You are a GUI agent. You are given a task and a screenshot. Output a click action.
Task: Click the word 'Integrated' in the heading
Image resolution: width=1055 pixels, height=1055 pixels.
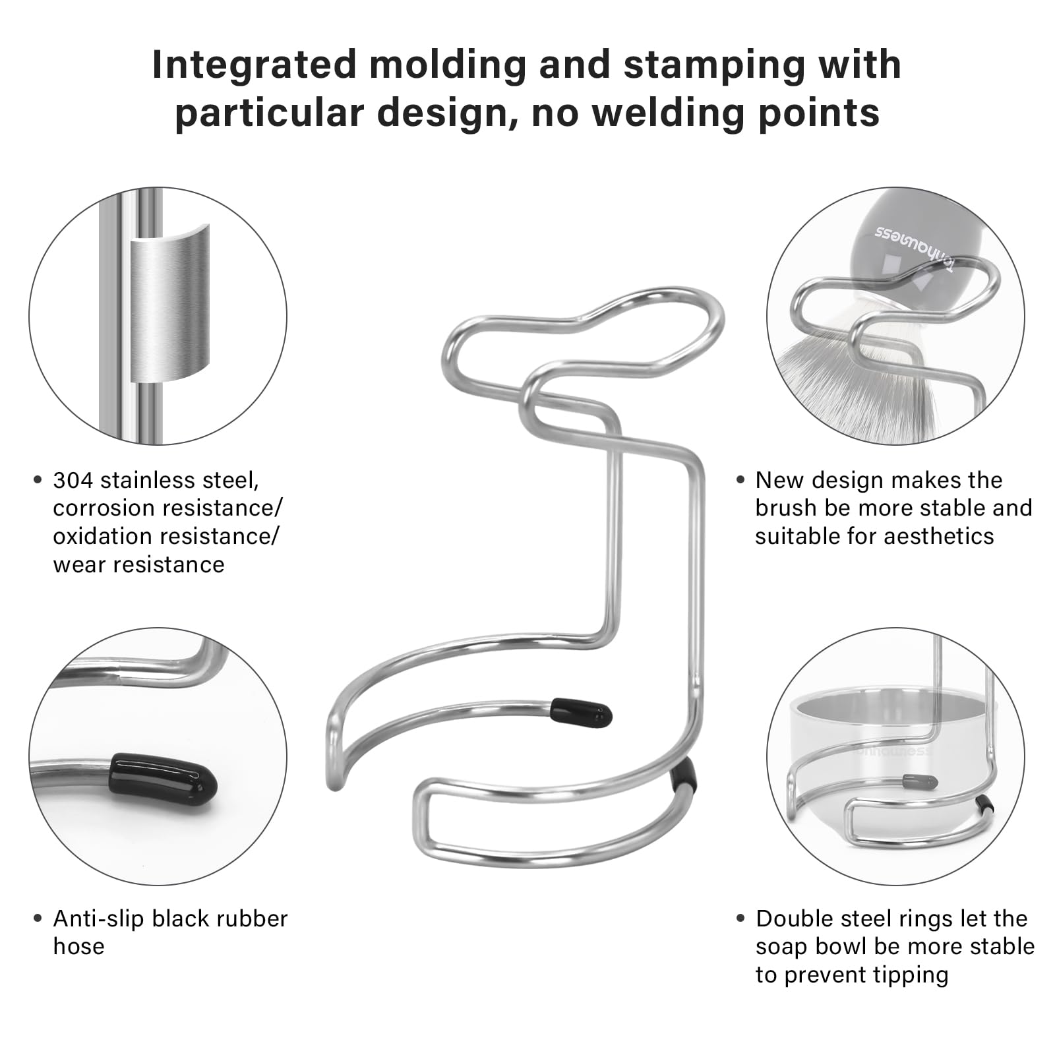pyautogui.click(x=254, y=65)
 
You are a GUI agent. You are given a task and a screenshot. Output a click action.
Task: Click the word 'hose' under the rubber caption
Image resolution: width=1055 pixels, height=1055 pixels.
pyautogui.click(x=78, y=946)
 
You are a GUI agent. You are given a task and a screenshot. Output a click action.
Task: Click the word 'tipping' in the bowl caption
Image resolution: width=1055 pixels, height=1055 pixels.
pyautogui.click(x=913, y=975)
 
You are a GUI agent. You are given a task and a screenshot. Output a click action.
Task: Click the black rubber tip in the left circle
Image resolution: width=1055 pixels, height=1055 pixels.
pyautogui.click(x=164, y=777)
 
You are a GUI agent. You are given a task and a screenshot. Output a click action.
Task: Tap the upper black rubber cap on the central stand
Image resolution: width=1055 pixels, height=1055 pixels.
pyautogui.click(x=581, y=713)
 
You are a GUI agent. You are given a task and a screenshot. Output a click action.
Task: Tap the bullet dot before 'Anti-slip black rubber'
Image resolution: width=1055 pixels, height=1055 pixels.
pyautogui.click(x=38, y=919)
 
